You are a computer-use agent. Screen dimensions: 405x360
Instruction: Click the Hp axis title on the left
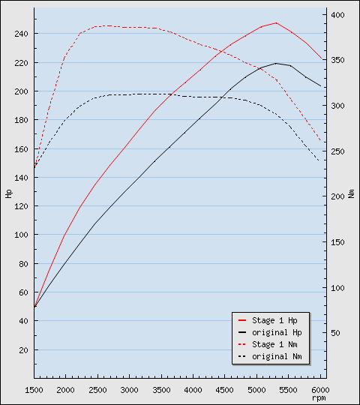click(9, 193)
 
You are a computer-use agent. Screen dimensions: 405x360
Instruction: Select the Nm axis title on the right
click(351, 193)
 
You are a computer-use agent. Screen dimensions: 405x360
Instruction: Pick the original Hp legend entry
click(276, 332)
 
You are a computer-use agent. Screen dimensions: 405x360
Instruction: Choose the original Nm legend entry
click(276, 356)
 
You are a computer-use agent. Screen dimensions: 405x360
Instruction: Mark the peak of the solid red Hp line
click(276, 22)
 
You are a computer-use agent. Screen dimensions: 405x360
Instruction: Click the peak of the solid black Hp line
click(276, 63)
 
